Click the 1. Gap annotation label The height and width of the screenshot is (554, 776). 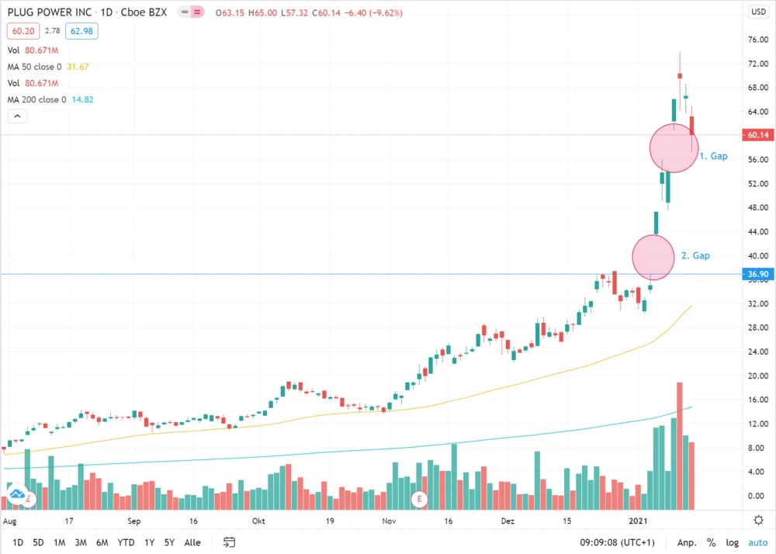pos(713,156)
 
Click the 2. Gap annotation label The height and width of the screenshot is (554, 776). pos(695,255)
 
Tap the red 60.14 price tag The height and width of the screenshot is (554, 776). pos(757,135)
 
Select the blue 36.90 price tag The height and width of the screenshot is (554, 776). pos(757,274)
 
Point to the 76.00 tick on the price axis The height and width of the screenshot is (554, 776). pos(757,40)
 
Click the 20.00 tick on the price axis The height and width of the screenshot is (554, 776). pos(757,376)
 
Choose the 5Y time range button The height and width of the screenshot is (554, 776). pos(170,542)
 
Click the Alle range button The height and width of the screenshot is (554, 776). pos(192,542)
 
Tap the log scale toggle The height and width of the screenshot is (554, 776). pos(732,542)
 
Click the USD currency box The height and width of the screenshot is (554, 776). pos(757,12)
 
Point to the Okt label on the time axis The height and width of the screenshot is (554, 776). pos(256,521)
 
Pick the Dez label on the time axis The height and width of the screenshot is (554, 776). pos(508,521)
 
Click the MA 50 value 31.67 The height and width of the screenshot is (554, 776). pos(78,67)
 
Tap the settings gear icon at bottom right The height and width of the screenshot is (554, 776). pos(757,519)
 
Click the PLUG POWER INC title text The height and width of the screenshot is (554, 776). pos(47,12)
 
